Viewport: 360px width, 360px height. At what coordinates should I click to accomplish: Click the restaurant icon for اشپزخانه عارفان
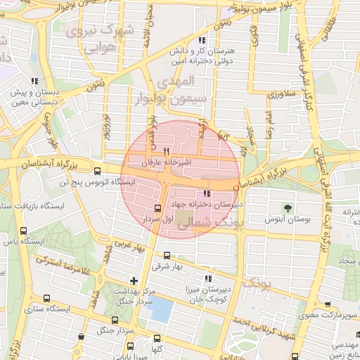[x=167, y=150]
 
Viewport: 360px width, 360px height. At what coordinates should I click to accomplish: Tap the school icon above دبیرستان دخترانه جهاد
[x=207, y=194]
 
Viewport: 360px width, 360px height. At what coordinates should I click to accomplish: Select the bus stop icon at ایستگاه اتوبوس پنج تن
[x=98, y=169]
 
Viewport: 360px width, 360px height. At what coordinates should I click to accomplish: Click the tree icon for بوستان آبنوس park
[x=287, y=207]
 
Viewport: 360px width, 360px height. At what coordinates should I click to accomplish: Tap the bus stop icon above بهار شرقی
[x=167, y=255]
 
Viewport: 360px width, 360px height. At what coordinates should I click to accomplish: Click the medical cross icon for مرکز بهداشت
[x=134, y=281]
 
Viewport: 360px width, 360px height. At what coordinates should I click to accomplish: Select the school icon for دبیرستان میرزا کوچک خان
[x=207, y=278]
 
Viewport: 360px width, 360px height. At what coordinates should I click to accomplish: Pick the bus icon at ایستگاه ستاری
[x=47, y=298]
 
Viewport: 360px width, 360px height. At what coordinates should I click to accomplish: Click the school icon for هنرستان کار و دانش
[x=203, y=41]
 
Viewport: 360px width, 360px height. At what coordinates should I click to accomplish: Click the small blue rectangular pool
[x=161, y=309]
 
